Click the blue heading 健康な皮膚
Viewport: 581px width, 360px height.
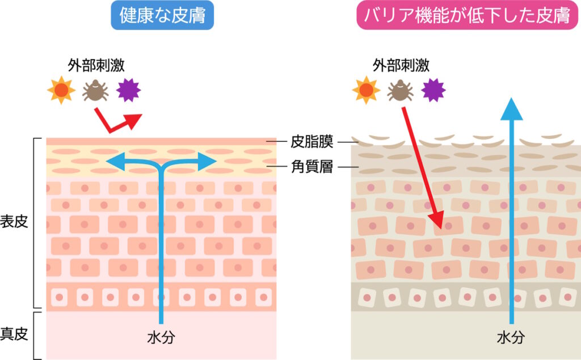[162, 15]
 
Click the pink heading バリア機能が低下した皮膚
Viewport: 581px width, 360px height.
[467, 15]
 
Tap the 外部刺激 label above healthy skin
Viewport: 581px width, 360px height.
[96, 65]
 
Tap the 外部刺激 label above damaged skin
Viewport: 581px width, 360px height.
[401, 65]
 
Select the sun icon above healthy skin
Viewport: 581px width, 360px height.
[61, 90]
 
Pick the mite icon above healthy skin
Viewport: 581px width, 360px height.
[95, 91]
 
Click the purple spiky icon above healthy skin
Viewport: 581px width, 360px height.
[129, 90]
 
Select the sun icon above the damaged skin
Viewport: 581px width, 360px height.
[366, 90]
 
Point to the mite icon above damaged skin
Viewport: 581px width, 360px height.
[400, 91]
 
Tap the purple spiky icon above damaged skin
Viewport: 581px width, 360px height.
[433, 90]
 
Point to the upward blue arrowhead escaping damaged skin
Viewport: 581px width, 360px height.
[511, 109]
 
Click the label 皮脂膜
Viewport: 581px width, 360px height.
[312, 142]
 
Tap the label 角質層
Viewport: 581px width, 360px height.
[312, 167]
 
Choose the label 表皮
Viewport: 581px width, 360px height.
[14, 222]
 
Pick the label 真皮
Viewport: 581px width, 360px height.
[14, 334]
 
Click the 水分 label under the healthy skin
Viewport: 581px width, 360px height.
[161, 337]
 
